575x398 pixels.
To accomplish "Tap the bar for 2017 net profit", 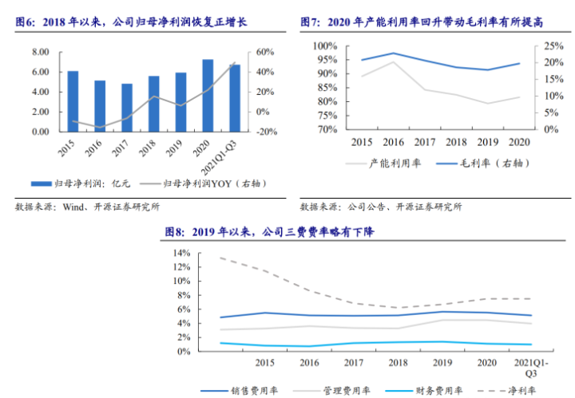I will tap(127, 108).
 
